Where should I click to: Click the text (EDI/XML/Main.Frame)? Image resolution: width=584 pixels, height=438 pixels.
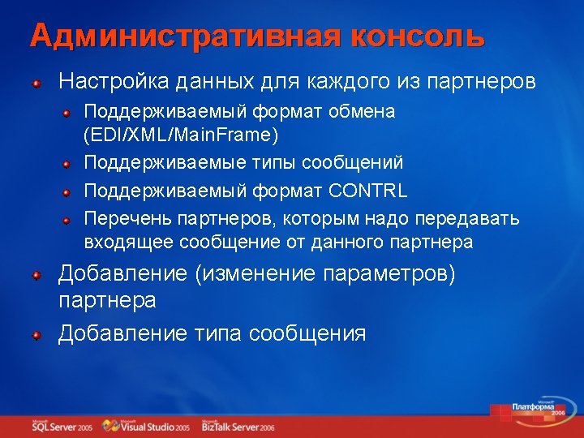point(182,133)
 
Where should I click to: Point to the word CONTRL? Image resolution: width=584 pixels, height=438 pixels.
point(367,191)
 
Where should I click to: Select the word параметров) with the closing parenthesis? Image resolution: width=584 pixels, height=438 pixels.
point(390,274)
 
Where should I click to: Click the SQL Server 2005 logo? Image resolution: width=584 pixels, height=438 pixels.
point(61,426)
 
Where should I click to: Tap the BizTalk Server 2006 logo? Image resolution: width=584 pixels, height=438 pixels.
point(238,426)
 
